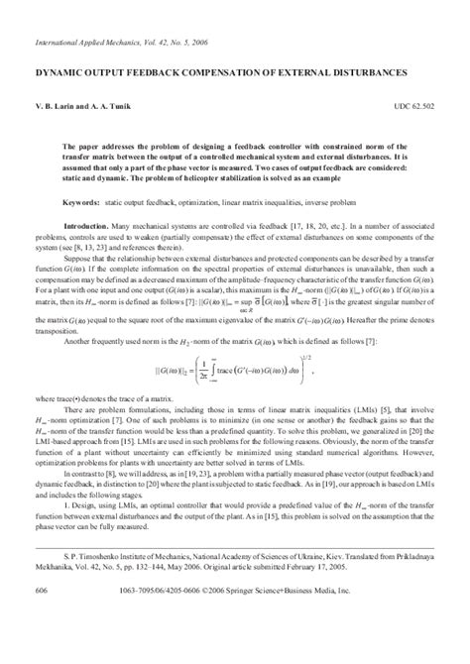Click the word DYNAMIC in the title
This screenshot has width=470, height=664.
click(x=61, y=73)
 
